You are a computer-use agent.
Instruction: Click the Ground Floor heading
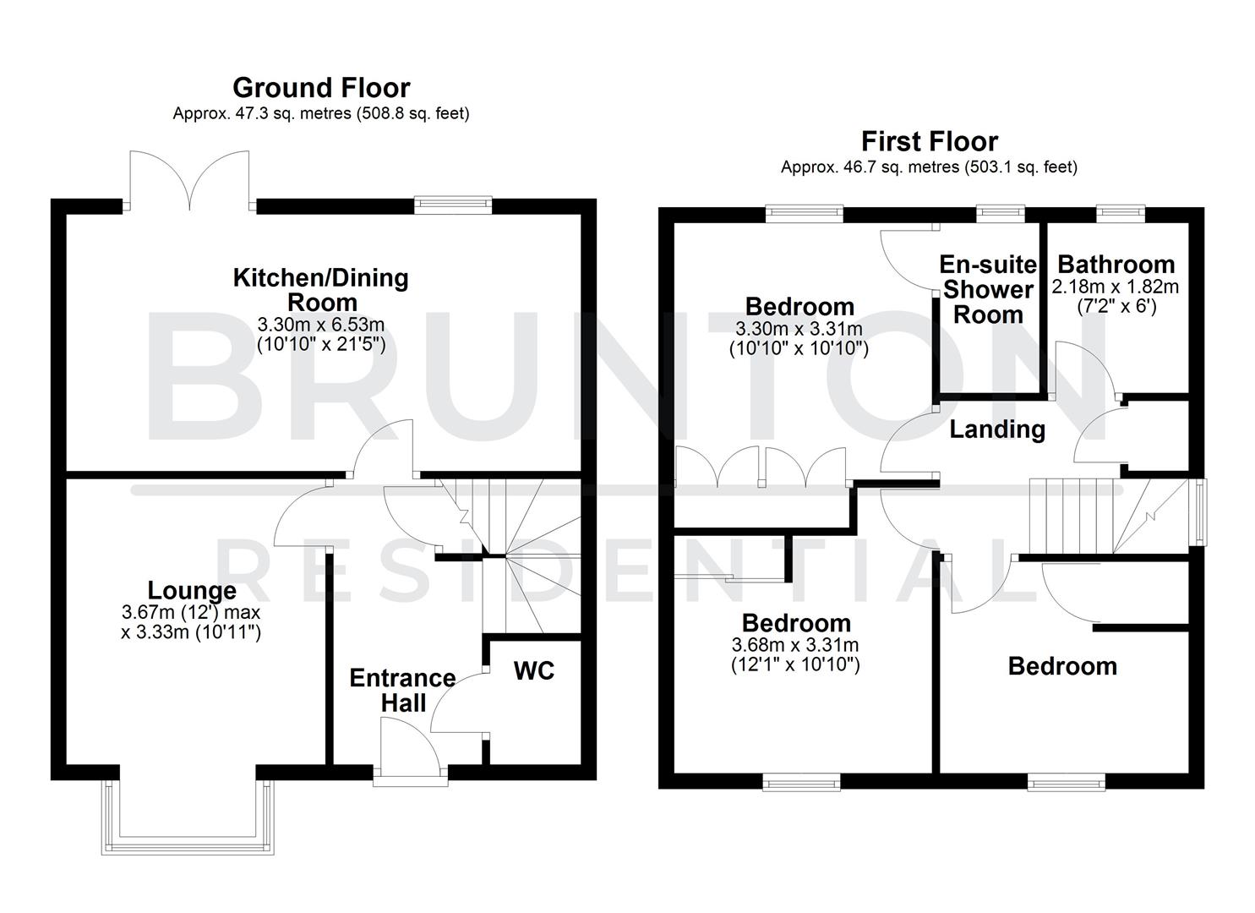321,88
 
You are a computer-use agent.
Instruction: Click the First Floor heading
929,141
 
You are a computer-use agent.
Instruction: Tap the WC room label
534,670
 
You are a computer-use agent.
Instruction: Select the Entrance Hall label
403,690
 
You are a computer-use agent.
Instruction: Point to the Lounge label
192,590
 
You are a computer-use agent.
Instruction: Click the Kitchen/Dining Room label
321,289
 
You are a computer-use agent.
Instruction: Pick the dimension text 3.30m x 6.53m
321,324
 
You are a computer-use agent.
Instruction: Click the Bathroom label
1116,264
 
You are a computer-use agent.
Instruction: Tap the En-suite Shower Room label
988,290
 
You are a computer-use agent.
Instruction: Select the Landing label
997,429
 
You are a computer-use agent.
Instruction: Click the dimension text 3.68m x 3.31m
795,646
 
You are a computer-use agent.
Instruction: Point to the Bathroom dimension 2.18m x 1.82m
1116,287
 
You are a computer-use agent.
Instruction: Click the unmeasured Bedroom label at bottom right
1062,666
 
